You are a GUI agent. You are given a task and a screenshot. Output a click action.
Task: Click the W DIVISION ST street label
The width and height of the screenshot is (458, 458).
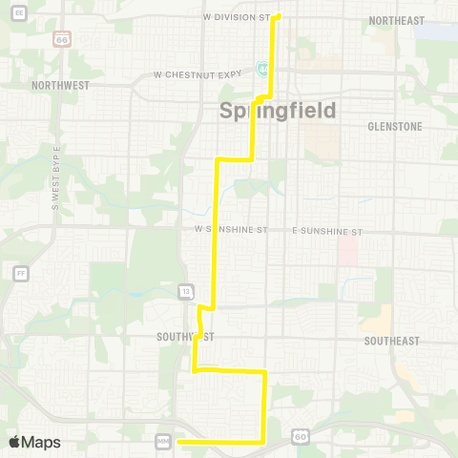pos(239,17)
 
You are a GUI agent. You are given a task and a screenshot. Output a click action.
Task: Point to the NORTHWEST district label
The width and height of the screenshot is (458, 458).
pos(59,85)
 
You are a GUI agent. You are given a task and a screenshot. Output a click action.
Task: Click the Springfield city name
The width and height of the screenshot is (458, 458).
pos(279,111)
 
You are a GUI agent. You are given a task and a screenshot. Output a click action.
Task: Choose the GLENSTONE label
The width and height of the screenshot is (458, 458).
pos(394,126)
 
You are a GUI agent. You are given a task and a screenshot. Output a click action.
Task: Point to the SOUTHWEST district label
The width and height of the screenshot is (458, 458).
pos(186,337)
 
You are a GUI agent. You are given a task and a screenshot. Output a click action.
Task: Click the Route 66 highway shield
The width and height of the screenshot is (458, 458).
pos(62,40)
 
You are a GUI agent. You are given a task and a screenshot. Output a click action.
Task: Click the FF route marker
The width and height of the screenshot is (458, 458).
pos(20,273)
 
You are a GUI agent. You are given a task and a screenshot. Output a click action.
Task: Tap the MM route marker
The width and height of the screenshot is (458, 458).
pos(162,440)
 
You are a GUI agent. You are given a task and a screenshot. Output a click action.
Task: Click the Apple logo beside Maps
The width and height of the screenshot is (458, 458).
pos(14,442)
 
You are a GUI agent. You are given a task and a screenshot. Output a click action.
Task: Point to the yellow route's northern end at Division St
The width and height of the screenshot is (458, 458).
pos(278,15)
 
